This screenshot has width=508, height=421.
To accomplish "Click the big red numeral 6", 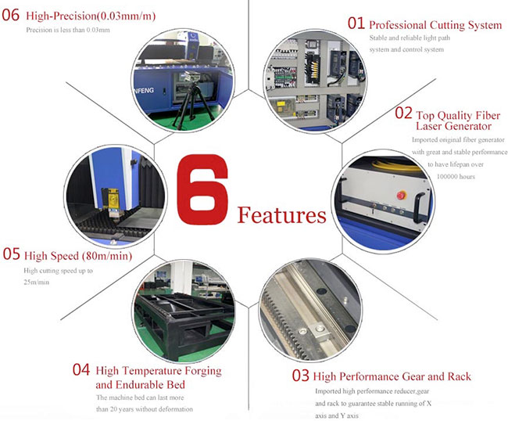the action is click(x=202, y=189).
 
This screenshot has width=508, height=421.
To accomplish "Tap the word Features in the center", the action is click(x=281, y=214).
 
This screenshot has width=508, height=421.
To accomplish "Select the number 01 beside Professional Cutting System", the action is click(x=356, y=23).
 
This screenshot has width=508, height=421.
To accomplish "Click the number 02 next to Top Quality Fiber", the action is click(x=403, y=113).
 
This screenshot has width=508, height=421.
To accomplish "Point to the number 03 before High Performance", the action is click(x=300, y=376).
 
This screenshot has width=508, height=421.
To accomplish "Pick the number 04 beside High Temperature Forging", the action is click(x=81, y=369).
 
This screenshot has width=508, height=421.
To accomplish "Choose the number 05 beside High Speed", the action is click(x=12, y=254).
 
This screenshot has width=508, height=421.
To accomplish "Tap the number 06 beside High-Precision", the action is click(x=11, y=15).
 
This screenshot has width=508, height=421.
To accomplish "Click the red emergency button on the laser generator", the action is click(x=402, y=196).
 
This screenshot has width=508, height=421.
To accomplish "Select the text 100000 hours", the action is click(x=456, y=177).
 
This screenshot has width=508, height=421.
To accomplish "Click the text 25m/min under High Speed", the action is click(x=36, y=282).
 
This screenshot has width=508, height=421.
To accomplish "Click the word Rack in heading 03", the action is click(x=460, y=376).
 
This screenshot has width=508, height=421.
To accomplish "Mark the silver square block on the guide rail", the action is click(x=319, y=332).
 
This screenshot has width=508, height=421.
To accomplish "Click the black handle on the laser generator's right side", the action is click(x=419, y=207).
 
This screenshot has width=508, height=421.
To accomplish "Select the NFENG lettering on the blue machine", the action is click(x=144, y=90).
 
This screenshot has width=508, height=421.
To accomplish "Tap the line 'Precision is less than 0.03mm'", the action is click(x=68, y=31).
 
